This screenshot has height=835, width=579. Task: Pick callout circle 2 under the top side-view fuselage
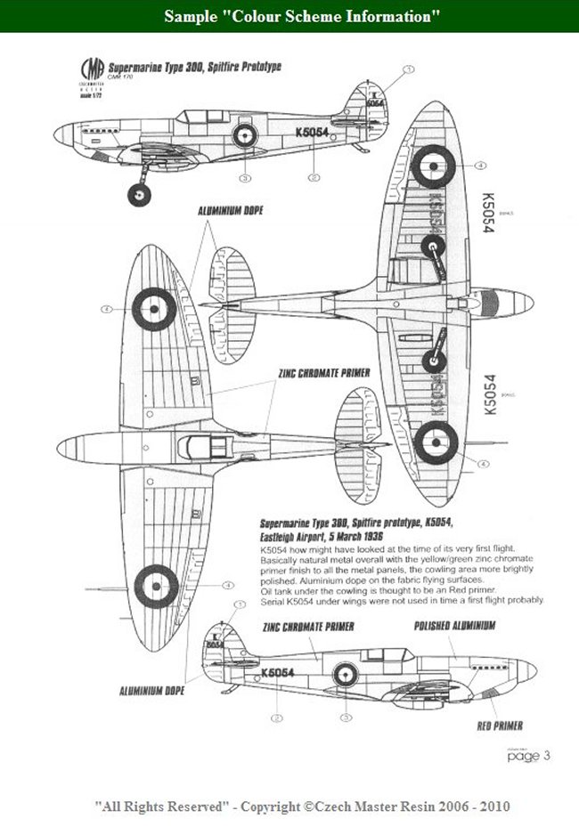tap(314, 178)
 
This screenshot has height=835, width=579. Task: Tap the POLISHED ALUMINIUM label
tap(454, 627)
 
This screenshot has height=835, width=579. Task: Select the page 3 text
tap(529, 757)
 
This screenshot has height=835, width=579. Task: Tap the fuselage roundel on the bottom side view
tap(344, 674)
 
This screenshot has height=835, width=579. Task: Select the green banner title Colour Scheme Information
tap(289, 16)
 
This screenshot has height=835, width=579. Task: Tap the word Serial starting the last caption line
tap(273, 601)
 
